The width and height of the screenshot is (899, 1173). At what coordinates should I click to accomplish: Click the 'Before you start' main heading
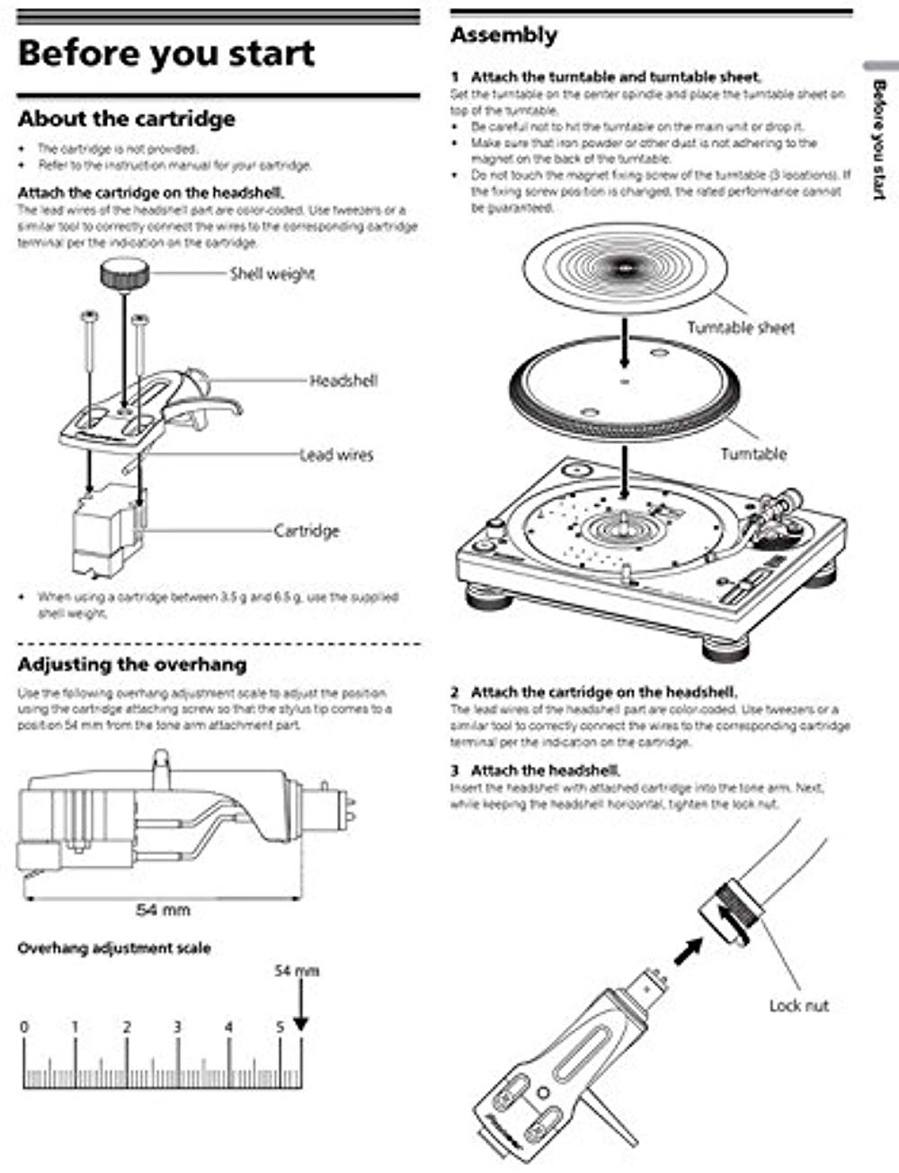(x=166, y=53)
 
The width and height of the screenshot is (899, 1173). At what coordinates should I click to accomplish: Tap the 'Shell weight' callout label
(x=272, y=273)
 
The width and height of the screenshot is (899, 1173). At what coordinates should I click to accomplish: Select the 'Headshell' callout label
(x=343, y=381)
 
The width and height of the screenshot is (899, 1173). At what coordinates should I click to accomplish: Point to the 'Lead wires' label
(x=335, y=455)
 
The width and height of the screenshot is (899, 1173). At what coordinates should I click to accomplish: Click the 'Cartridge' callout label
(x=307, y=530)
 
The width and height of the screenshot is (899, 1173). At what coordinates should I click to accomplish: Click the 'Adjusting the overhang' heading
(x=132, y=665)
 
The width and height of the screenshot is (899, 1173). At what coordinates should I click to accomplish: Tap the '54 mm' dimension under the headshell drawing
(x=163, y=910)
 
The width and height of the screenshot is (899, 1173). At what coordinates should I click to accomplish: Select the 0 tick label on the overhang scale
(x=24, y=1027)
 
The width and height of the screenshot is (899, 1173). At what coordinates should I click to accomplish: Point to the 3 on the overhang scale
(x=178, y=1027)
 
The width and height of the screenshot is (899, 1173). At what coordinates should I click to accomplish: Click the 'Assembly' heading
(x=503, y=36)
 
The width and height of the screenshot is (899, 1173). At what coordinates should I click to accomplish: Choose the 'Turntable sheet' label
(x=741, y=328)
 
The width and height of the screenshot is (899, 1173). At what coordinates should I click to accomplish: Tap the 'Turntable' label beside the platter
(x=753, y=454)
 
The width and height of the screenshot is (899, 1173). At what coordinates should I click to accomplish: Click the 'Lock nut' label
(x=798, y=1005)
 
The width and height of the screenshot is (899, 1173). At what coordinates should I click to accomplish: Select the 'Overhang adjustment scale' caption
(x=114, y=947)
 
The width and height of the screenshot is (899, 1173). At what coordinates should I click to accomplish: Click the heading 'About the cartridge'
(x=127, y=119)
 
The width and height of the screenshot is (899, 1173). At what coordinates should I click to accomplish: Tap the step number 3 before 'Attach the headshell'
(x=455, y=770)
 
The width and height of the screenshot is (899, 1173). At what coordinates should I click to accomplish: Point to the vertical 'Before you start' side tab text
(x=879, y=139)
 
